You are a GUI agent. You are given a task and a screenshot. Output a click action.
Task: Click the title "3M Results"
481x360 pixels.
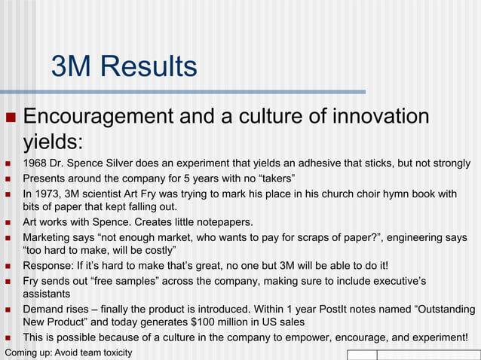(x=124, y=67)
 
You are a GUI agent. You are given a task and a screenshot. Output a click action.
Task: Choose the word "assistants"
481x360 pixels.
(x=47, y=294)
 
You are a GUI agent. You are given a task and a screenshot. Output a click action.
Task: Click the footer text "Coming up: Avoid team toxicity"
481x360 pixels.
(x=69, y=352)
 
